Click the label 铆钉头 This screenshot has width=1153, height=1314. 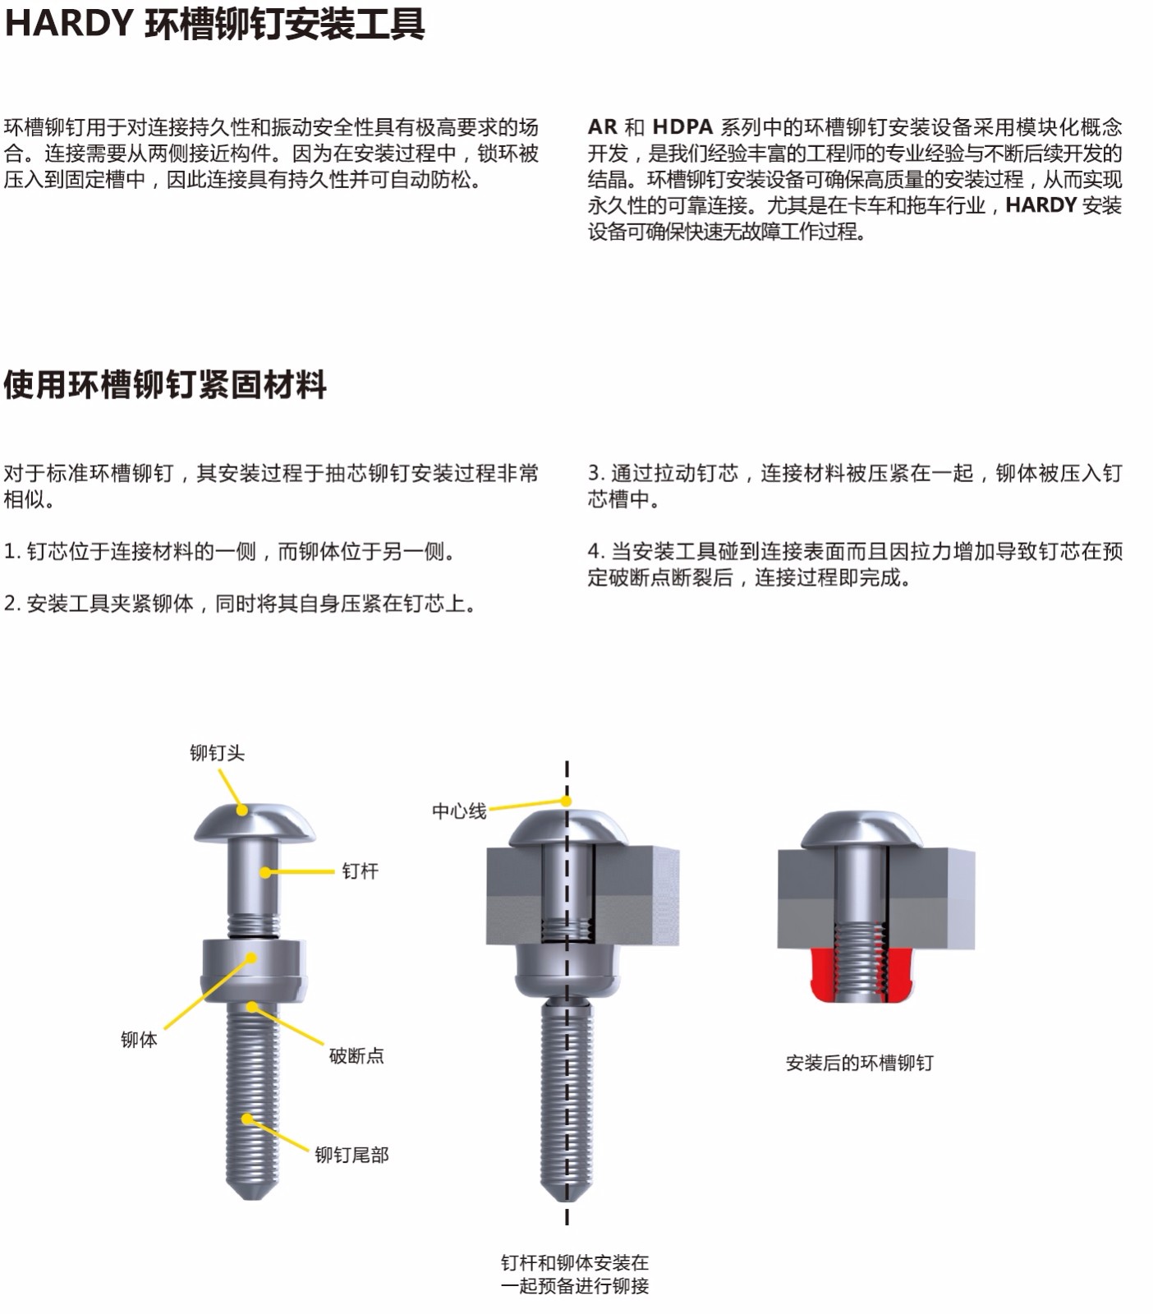coord(217,753)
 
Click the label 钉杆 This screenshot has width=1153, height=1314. coord(360,871)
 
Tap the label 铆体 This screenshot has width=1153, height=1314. coord(139,1040)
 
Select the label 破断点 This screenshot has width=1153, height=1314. coord(356,1055)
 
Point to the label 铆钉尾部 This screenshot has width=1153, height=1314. coord(351,1155)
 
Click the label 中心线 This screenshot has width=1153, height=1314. coord(459,811)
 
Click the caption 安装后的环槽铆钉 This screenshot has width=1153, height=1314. coord(860,1063)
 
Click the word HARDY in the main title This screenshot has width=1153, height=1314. coord(69,23)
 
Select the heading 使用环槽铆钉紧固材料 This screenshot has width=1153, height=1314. coord(165,384)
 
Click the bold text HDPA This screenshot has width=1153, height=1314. coord(682,127)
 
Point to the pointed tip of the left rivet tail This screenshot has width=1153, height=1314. coord(252,1197)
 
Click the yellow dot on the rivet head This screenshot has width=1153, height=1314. coord(242,810)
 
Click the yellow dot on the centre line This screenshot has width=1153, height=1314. coord(567,801)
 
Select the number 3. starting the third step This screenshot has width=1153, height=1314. coord(596,473)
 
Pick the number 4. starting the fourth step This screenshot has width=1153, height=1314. coord(596,551)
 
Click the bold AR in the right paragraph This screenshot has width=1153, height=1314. coord(602,127)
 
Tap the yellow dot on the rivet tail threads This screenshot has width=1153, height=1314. coord(246,1119)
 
